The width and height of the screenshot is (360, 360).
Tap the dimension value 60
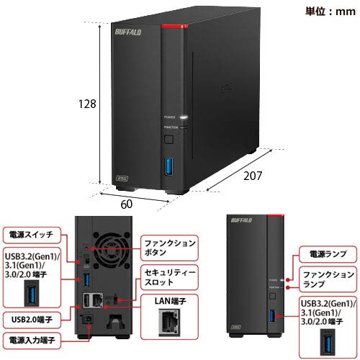(x=126, y=204)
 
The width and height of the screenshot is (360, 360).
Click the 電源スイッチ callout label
(x=30, y=235)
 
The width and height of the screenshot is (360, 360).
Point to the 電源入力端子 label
(x=34, y=338)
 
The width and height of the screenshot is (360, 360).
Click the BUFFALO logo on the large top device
(x=134, y=32)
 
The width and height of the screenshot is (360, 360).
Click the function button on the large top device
(x=169, y=138)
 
